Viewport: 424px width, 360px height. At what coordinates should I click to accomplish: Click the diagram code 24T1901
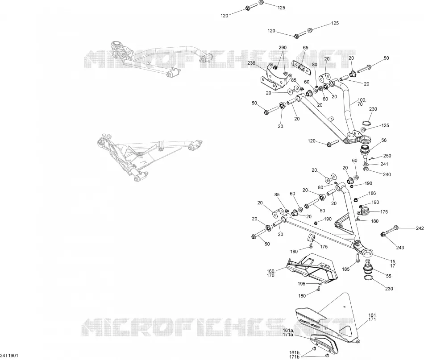9,356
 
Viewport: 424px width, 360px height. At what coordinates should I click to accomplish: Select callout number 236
251,63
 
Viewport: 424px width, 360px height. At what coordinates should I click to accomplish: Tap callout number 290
283,48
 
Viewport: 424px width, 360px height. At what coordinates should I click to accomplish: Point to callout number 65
305,48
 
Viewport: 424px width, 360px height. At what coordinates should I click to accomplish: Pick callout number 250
387,156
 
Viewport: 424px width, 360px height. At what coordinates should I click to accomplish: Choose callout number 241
384,164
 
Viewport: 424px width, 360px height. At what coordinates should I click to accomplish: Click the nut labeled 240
366,170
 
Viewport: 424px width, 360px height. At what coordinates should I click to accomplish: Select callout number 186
372,194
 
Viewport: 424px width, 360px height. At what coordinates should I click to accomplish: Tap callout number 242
420,228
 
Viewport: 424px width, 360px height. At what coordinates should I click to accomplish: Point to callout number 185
345,269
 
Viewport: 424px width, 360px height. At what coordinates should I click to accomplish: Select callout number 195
302,284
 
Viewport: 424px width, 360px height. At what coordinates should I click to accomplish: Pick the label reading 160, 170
270,273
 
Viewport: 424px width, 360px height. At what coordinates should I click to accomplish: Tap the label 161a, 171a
288,333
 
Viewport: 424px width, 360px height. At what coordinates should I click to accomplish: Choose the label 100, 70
362,102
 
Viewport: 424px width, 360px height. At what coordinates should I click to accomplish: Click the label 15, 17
393,264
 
